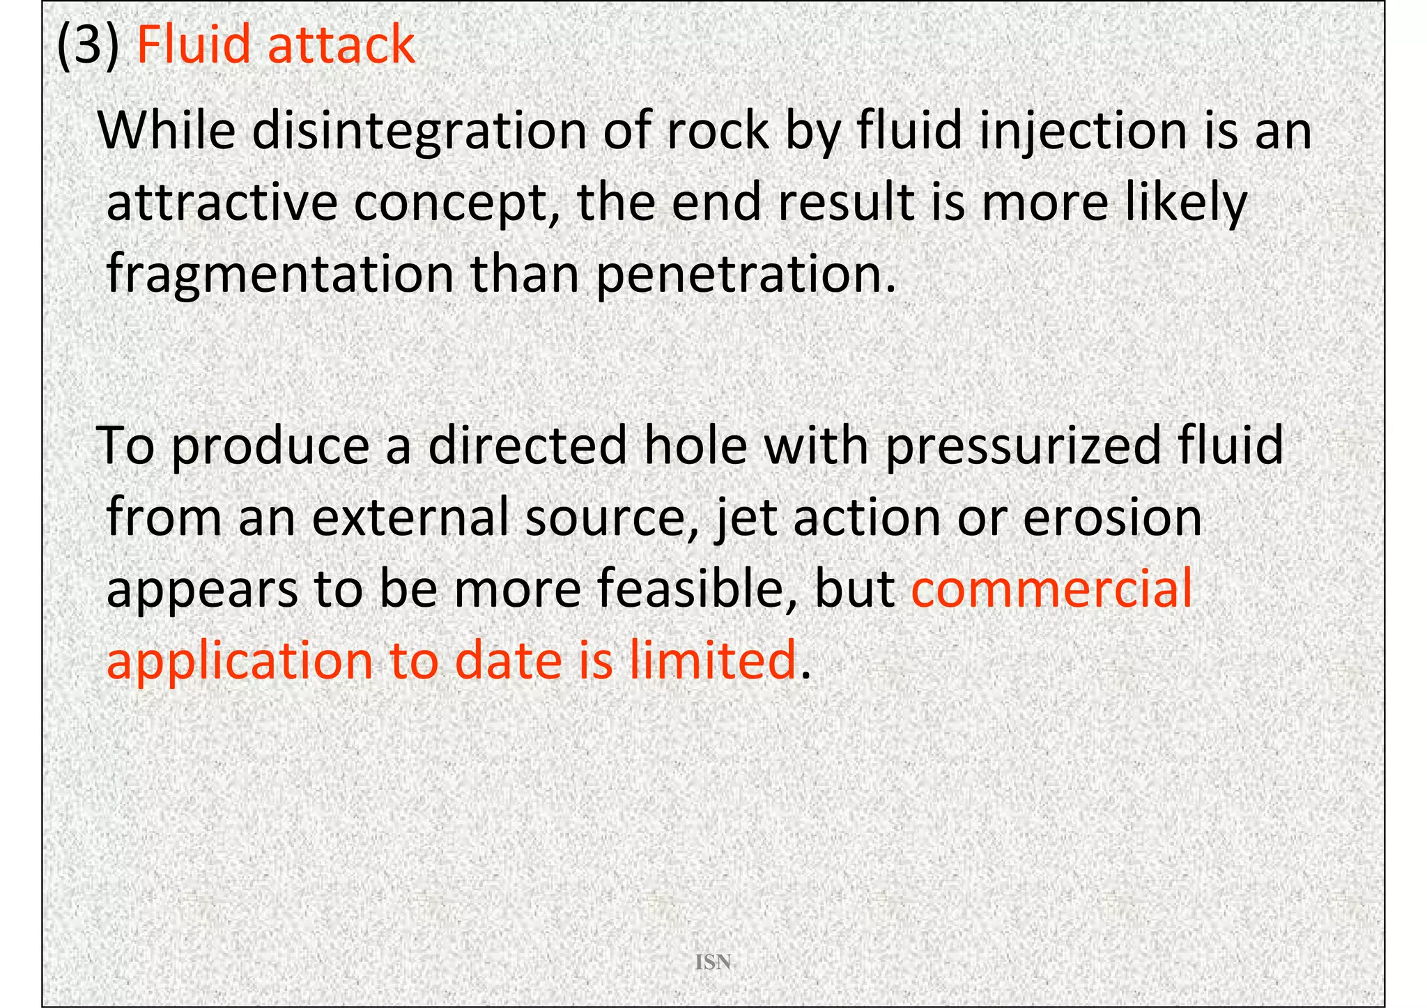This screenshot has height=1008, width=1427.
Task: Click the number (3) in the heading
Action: point(87,45)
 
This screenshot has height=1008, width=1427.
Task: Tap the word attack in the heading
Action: point(341,45)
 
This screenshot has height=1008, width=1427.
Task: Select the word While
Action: point(167,131)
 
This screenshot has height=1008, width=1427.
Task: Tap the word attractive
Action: point(222,203)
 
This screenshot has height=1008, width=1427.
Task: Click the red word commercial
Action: point(1052,589)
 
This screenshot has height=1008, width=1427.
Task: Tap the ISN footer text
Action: point(713,963)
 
